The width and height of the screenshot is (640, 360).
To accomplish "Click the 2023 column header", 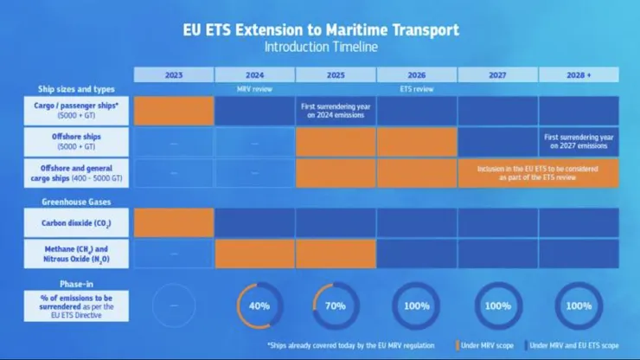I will click(174, 75).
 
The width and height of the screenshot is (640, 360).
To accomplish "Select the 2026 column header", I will click(417, 75).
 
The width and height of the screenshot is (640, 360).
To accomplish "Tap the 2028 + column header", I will click(579, 75).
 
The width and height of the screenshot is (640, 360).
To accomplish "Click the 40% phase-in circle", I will click(255, 306).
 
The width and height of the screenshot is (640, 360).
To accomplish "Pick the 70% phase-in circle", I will click(336, 306).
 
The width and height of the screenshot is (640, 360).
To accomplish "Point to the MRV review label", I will click(255, 89).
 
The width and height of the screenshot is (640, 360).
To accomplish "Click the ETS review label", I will click(417, 89).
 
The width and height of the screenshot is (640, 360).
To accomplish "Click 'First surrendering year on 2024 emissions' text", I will click(336, 110).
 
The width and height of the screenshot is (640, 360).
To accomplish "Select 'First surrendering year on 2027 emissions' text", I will click(579, 142).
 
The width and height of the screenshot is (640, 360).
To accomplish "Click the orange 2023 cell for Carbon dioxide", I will click(174, 222).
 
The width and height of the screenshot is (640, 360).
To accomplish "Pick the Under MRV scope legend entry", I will click(490, 345).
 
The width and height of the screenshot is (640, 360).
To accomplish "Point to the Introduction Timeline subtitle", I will click(320, 47).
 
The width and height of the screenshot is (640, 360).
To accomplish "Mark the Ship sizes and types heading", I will click(76, 89).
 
